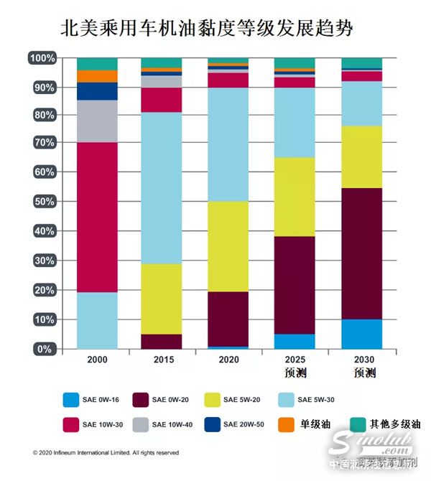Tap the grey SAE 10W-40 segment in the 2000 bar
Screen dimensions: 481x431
[x=97, y=121]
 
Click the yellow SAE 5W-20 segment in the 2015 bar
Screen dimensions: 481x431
[x=161, y=299]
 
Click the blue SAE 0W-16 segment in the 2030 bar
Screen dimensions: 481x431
[x=362, y=334]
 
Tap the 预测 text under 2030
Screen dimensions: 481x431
[x=362, y=373]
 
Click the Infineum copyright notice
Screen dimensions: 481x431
[x=106, y=453]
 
